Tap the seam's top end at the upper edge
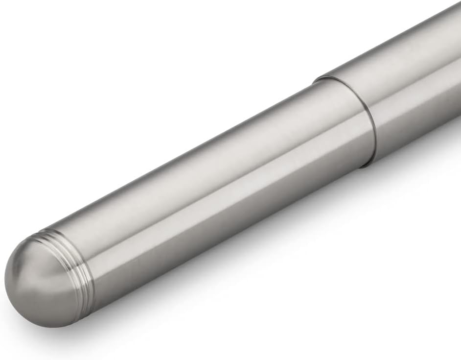[318, 78]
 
